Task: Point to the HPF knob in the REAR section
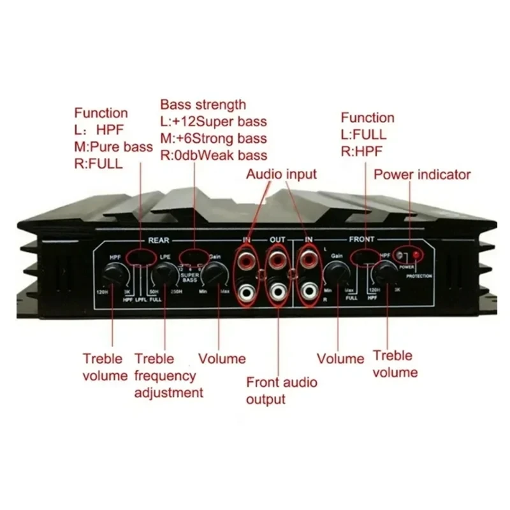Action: [113, 275]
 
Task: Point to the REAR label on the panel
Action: [159, 240]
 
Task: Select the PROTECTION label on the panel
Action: [419, 276]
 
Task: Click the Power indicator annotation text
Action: [422, 174]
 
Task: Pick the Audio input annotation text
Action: [281, 173]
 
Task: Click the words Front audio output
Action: [281, 391]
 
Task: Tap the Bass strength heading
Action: [203, 104]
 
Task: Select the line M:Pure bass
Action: [113, 147]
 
